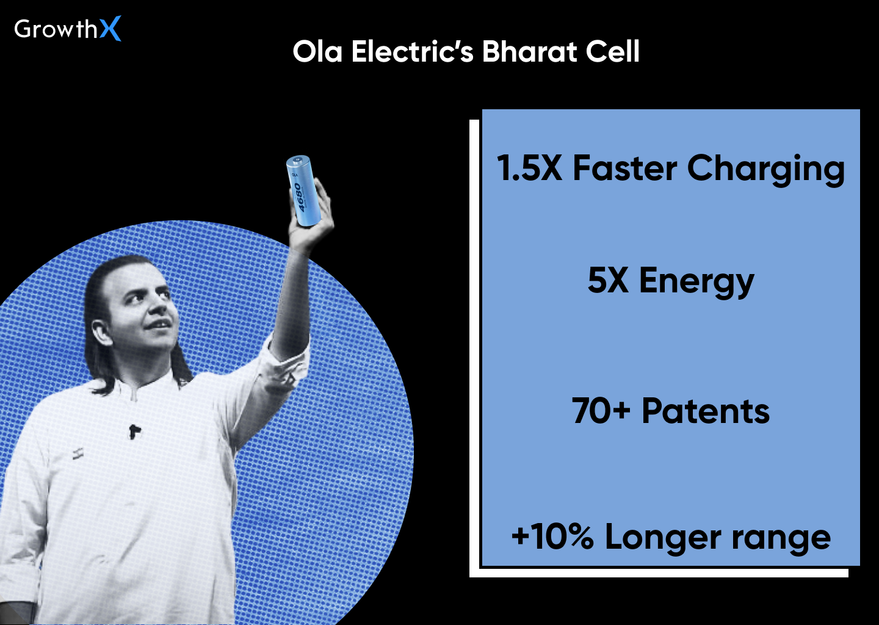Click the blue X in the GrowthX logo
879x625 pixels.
(110, 29)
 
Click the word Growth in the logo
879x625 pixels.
(56, 29)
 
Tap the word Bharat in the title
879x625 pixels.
(529, 52)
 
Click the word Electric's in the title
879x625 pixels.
(412, 52)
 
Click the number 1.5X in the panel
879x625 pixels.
(529, 168)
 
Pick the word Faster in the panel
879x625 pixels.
(624, 168)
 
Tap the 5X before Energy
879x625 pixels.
(608, 281)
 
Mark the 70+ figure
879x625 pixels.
(601, 411)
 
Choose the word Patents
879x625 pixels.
(706, 411)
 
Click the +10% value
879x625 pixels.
(552, 537)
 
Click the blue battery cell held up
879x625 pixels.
(303, 190)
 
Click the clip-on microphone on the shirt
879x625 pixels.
(134, 432)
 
